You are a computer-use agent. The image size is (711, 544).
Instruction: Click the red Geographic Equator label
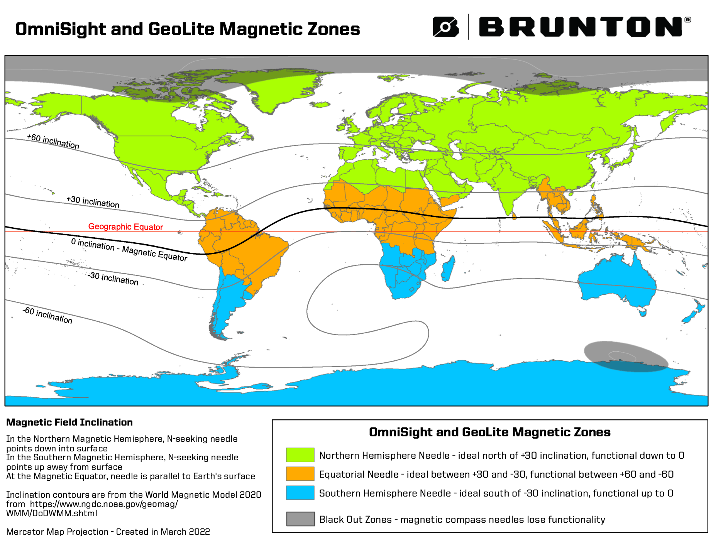125,227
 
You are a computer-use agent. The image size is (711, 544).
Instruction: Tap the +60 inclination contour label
53,142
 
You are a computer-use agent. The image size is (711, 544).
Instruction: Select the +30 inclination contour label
93,202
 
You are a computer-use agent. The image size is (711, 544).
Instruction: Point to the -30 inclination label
113,278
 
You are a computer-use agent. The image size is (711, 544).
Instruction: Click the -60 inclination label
47,315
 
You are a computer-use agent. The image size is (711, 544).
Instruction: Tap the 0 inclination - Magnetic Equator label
129,250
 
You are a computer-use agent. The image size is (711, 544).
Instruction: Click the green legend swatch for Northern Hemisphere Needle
300,455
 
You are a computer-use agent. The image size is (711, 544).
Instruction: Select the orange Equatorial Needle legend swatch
300,474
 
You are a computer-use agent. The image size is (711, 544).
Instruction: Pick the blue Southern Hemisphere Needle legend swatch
300,493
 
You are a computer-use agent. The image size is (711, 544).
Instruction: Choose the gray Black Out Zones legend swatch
300,519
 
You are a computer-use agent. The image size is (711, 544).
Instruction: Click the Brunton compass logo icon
445,27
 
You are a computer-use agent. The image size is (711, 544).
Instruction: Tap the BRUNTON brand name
581,27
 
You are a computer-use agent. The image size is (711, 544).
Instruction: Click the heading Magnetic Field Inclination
69,422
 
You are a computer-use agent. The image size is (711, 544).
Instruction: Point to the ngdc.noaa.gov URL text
103,504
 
